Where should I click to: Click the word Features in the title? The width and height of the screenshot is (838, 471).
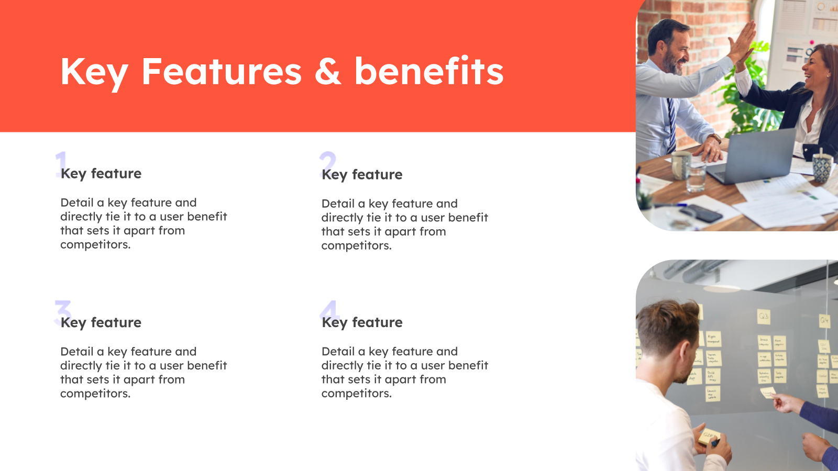pyautogui.click(x=221, y=72)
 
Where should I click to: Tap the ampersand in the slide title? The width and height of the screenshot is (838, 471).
pyautogui.click(x=327, y=72)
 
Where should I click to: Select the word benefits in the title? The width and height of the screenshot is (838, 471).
pyautogui.click(x=428, y=72)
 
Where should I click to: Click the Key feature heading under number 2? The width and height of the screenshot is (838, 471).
pyautogui.click(x=362, y=175)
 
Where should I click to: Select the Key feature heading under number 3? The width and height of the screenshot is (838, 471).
pyautogui.click(x=101, y=323)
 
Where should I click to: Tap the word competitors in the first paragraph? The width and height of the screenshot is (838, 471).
pyautogui.click(x=95, y=245)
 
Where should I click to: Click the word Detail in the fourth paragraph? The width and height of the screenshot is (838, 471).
pyautogui.click(x=338, y=352)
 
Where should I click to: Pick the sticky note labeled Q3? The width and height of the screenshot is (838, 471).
pyautogui.click(x=764, y=316)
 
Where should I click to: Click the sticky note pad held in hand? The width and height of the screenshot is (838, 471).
pyautogui.click(x=708, y=436)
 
